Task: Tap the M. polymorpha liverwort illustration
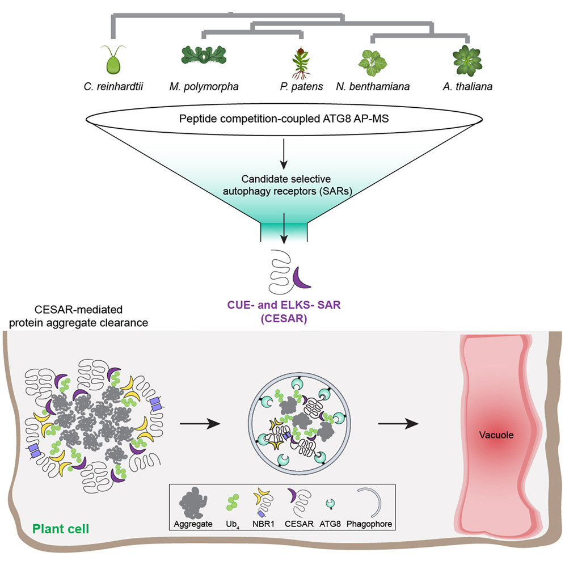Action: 204,55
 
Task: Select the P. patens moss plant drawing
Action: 301,63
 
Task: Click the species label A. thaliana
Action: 467,87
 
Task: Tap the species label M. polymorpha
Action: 204,87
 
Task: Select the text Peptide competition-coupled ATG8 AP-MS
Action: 284,119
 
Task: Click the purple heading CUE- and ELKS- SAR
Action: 284,305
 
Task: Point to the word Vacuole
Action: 496,435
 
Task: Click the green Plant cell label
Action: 61,529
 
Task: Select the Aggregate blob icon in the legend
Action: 193,503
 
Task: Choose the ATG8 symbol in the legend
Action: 330,504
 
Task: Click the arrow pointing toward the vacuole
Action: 398,424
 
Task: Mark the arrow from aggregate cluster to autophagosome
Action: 200,424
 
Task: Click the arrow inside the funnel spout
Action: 284,229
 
